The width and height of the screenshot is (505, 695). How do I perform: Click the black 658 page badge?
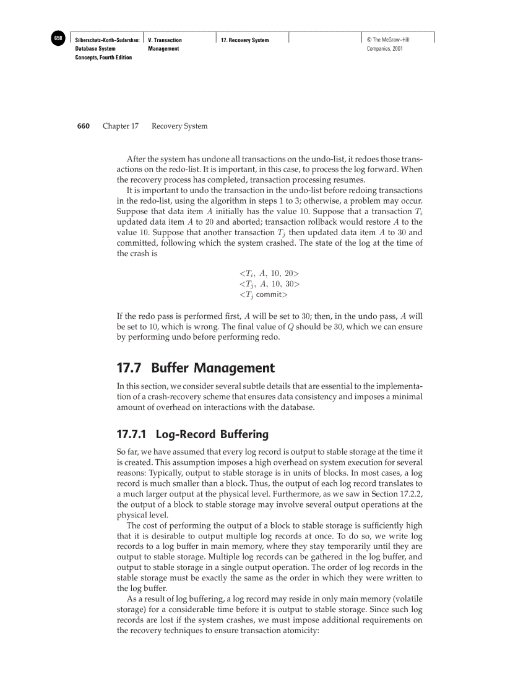point(58,38)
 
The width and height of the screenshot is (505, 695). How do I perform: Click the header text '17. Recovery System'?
point(245,40)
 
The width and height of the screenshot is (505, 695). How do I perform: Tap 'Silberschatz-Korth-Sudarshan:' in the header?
point(107,40)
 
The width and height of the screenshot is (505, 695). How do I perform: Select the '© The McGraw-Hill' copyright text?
point(388,40)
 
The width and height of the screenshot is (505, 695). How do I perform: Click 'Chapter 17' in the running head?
point(120,126)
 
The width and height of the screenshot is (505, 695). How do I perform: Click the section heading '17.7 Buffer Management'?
point(196,368)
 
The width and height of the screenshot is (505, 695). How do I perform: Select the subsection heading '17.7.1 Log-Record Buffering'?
point(192,434)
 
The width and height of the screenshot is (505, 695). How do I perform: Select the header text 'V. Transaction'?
point(165,40)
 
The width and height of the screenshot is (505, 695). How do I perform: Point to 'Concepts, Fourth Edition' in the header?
point(103,58)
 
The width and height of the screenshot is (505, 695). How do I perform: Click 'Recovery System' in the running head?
point(179,126)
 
